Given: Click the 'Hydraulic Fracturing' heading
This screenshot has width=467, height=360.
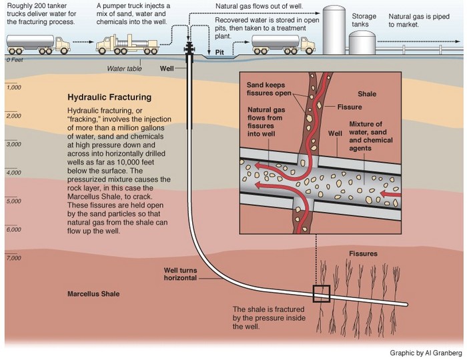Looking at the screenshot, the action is (109, 97).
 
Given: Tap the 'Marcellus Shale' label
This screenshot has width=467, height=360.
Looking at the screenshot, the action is (93, 293).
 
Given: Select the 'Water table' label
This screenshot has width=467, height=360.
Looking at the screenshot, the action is (124, 69).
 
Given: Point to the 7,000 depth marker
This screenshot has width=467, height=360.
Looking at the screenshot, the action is (14, 257).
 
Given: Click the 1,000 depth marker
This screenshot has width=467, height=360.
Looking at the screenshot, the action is (14, 87).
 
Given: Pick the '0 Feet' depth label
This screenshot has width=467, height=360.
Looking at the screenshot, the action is (15, 60).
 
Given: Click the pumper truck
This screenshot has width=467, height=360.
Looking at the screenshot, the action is (127, 45).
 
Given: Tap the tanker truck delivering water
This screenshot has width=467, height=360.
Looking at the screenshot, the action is (38, 45).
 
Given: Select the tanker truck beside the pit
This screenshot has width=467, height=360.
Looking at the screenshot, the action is (284, 45).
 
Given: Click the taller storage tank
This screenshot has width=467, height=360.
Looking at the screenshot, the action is (334, 30).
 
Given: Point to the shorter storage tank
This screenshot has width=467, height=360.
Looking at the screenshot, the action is (362, 43).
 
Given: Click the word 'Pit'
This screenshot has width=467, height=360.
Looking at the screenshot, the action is (219, 53).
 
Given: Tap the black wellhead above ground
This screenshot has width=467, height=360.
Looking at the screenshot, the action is (189, 48).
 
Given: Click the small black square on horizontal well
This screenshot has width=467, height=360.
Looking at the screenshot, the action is (322, 293).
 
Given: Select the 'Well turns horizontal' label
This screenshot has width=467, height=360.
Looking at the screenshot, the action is (181, 274).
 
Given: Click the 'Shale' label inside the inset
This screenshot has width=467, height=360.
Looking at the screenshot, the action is (367, 94).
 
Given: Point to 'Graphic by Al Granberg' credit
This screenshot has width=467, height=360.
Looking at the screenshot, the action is (426, 353).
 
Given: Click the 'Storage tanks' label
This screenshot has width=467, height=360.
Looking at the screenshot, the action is (364, 20).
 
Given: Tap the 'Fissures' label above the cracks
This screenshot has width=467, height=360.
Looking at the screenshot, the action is (363, 254).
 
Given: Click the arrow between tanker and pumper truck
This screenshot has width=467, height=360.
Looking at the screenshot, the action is (83, 42).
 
